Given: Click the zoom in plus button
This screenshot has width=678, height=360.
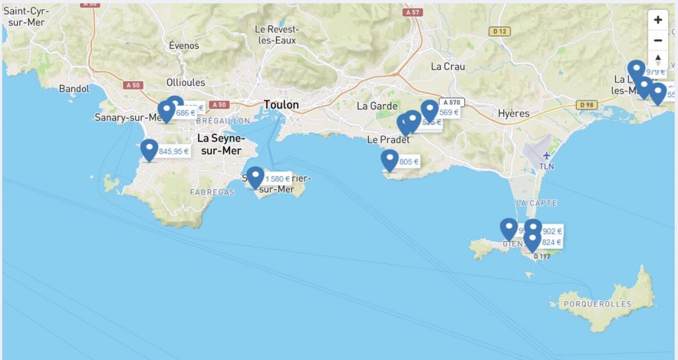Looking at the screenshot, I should (x=657, y=20).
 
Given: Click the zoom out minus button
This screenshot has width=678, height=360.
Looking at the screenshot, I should (x=657, y=40).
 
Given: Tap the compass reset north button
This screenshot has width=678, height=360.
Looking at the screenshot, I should (x=657, y=60).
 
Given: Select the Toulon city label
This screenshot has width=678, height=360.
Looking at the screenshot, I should (x=281, y=105).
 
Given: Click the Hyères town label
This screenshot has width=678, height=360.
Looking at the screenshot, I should (x=514, y=113).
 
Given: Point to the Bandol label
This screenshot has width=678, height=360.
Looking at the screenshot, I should (x=73, y=89).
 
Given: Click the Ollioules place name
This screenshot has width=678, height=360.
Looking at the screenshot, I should (x=185, y=83).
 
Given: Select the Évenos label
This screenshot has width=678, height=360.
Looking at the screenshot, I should (x=183, y=46).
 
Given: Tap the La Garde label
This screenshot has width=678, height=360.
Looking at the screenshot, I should (x=377, y=106).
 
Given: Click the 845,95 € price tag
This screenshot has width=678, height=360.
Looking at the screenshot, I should (x=174, y=152).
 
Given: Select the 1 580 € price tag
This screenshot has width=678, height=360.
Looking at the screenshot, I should (x=278, y=179).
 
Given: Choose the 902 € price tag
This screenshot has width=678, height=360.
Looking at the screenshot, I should (x=552, y=232).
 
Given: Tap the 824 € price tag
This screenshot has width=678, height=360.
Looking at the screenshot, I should (x=552, y=242).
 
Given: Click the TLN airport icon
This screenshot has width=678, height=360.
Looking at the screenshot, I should (x=547, y=157).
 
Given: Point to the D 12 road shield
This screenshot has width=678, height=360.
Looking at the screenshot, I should (x=501, y=31).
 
